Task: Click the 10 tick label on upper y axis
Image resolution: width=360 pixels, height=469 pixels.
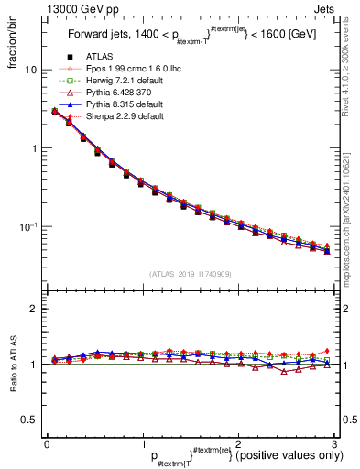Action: (x=30, y=70)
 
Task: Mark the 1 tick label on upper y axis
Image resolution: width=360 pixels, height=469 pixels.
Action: (x=33, y=148)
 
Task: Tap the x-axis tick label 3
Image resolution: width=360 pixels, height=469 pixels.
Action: (x=333, y=443)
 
